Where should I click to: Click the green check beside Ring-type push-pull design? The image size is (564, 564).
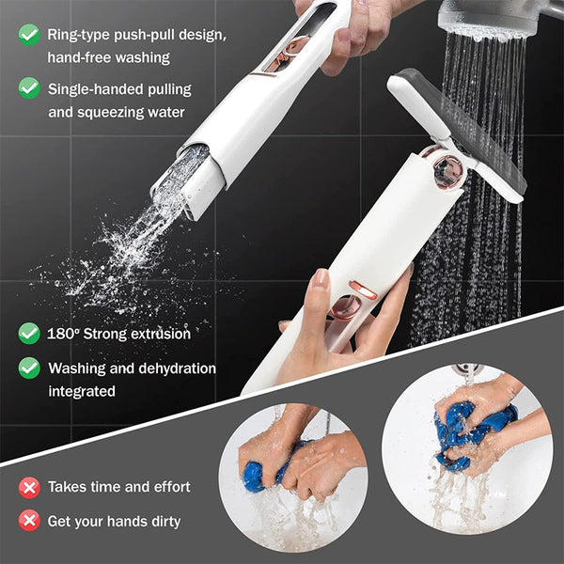(x=29, y=35)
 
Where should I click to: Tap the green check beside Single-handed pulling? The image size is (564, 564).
(x=29, y=88)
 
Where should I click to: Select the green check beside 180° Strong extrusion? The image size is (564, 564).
(x=29, y=333)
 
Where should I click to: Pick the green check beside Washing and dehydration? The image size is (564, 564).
(x=29, y=368)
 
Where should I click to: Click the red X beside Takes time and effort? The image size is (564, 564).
(x=29, y=487)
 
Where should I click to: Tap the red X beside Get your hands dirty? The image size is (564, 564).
(x=29, y=521)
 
